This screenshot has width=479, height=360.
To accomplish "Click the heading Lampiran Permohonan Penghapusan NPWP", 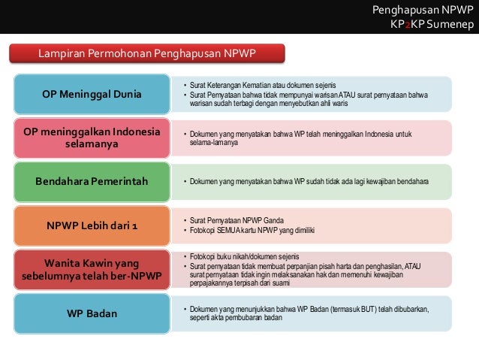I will point(147,53).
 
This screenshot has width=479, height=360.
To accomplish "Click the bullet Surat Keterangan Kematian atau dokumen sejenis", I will point(263,85).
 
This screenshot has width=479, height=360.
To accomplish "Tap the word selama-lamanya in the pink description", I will point(210,141).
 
